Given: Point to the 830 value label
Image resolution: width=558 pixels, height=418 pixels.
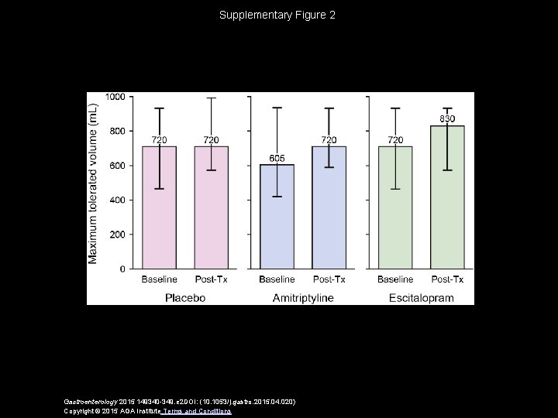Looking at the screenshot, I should (447, 118).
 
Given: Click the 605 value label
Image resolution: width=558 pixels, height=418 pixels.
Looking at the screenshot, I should (277, 158).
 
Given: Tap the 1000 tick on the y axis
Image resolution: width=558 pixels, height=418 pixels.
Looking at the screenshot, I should (115, 97).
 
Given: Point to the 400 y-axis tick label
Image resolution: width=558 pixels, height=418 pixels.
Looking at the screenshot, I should (117, 200).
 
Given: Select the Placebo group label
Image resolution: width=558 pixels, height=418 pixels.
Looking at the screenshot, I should (184, 297).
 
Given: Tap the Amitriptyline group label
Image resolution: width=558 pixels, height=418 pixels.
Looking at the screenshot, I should (302, 297).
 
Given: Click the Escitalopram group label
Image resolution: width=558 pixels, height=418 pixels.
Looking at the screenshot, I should (421, 297).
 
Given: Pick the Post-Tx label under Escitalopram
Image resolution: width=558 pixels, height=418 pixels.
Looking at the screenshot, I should (447, 279).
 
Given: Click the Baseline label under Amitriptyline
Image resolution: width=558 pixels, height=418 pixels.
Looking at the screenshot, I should (277, 279).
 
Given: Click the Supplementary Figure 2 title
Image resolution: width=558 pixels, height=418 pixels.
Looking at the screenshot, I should (277, 15).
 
